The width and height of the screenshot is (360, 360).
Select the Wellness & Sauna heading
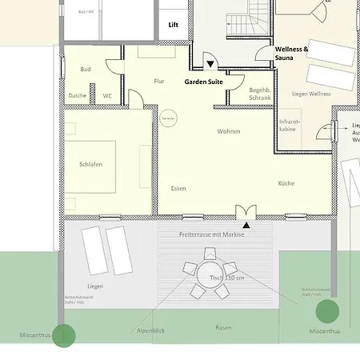291,53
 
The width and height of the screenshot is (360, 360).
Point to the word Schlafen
90,165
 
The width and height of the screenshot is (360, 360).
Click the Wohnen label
229,131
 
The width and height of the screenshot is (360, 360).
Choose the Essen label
178,188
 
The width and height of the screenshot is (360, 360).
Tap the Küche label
286,183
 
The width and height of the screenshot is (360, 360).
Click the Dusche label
78,95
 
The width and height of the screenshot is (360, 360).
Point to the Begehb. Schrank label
260,94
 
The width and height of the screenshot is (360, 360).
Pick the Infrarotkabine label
289,125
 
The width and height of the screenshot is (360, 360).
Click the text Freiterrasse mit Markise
211,234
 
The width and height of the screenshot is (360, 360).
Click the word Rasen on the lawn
223,328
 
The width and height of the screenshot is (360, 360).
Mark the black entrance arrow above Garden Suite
210,65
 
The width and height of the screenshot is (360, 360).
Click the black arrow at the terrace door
243,212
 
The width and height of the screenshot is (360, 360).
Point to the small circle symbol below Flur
168,118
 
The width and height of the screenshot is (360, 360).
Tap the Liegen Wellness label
310,94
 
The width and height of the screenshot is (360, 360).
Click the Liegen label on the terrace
95,286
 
